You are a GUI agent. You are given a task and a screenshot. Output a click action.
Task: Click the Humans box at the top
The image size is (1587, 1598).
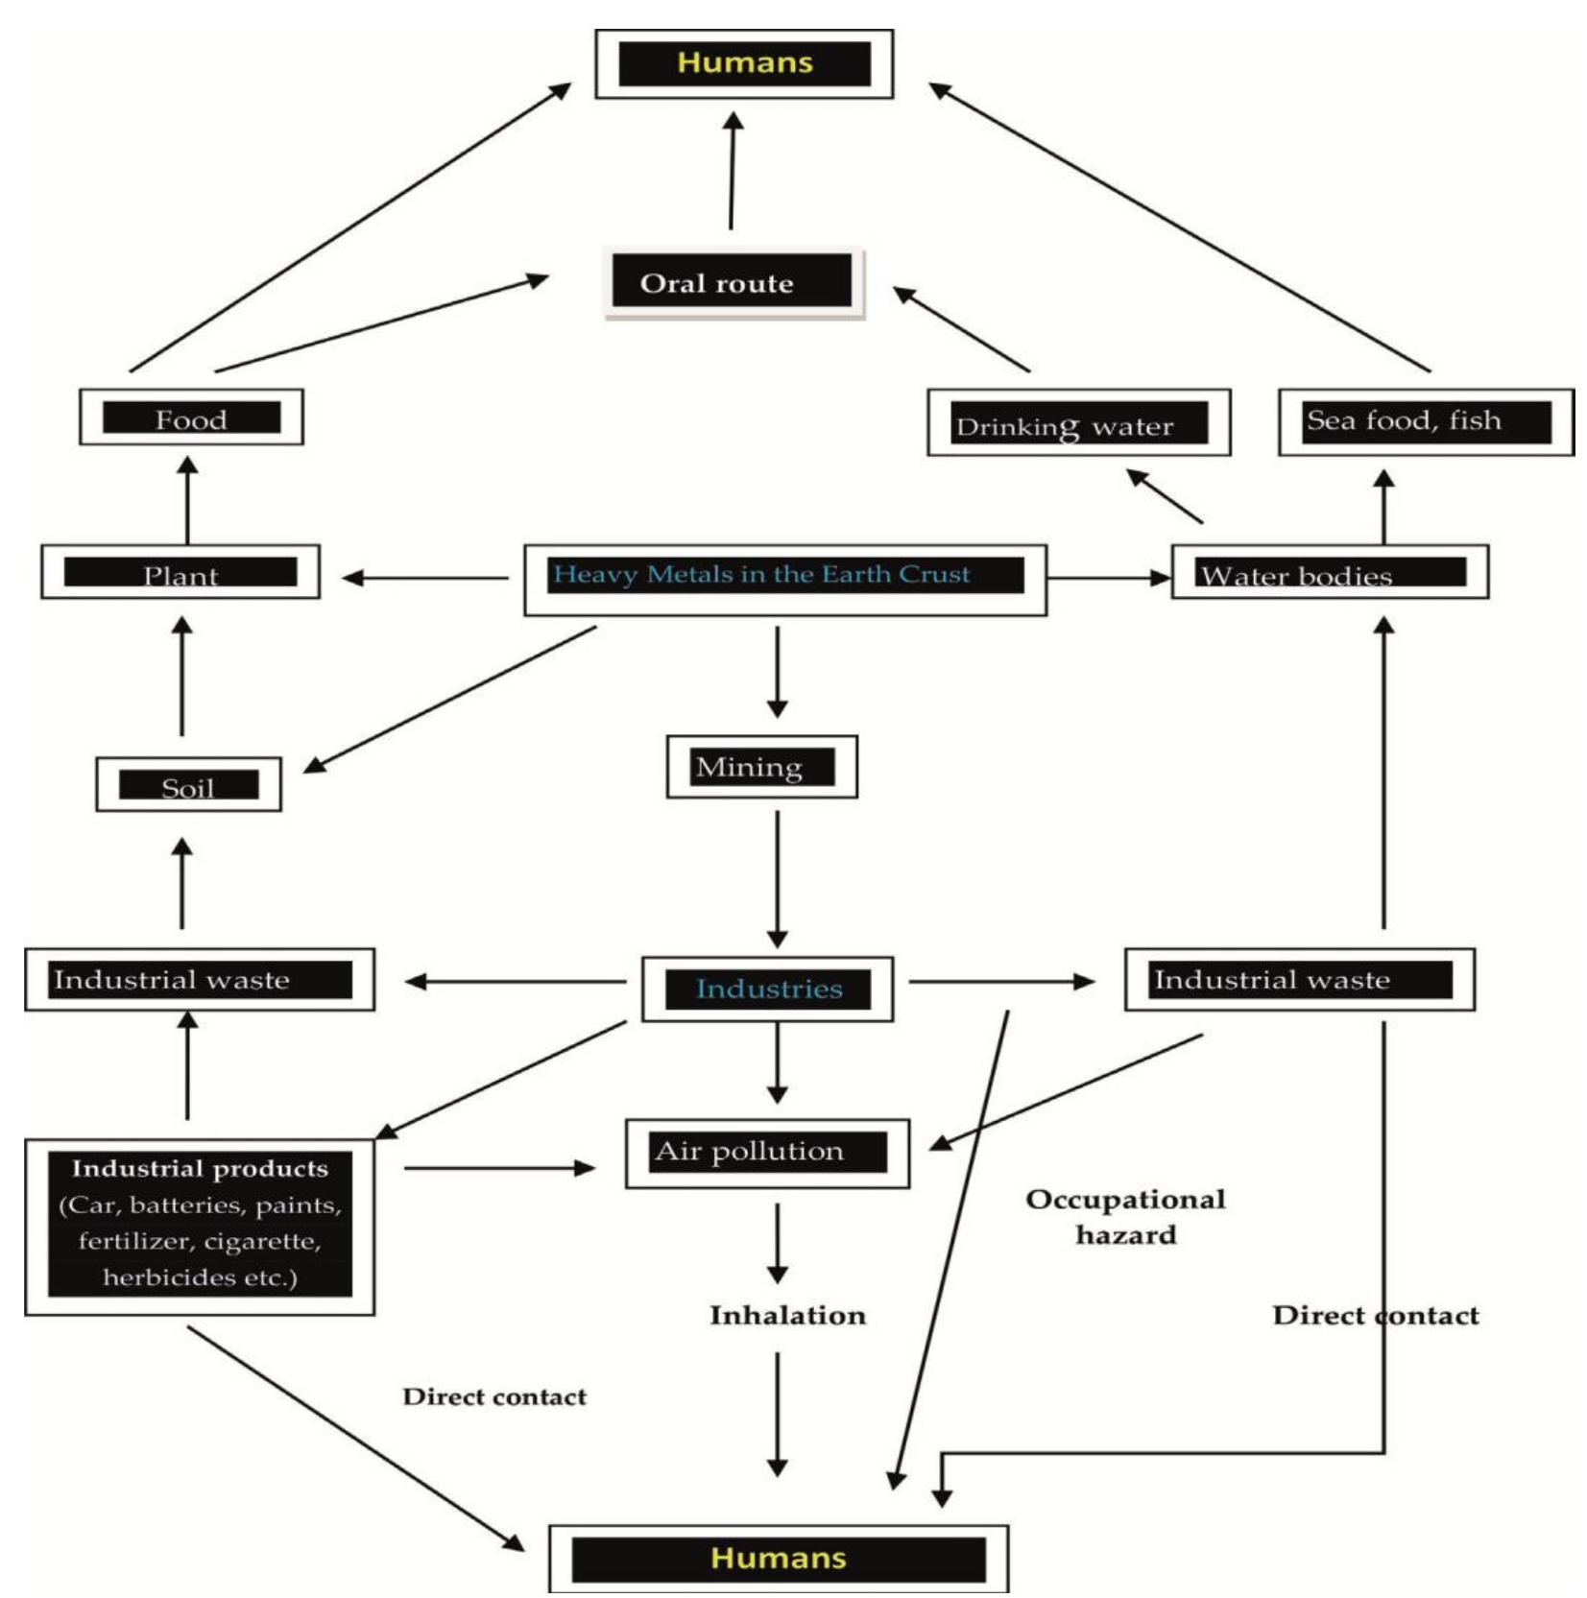[744, 63]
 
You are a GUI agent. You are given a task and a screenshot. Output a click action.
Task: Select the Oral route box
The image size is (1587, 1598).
[733, 282]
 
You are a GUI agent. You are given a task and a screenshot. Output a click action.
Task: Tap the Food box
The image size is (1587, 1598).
[191, 417]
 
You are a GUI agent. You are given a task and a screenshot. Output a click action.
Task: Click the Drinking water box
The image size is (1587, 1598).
[1078, 422]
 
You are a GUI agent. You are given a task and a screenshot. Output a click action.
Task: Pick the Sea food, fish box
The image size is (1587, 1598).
[1426, 422]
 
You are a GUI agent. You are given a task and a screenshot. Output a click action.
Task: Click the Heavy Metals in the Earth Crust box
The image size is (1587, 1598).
[784, 580]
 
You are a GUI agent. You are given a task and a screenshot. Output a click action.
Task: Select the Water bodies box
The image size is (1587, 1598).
[1330, 572]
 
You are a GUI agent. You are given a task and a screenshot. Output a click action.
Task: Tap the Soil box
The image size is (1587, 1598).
[188, 784]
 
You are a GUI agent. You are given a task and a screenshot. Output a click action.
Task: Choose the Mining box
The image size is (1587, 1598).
[761, 766]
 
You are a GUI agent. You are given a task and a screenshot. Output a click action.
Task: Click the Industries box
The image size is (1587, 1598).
[767, 989]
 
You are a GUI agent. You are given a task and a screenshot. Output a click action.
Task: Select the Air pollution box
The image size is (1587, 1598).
[767, 1153]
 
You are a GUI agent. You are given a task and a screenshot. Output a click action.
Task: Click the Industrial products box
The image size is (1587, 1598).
[200, 1227]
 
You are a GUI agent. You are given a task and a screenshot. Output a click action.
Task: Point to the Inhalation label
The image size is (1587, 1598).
[787, 1315]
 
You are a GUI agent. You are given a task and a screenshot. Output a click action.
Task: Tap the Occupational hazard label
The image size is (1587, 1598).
[1125, 1216]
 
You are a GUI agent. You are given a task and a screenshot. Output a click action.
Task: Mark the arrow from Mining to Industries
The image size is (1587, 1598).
[778, 879]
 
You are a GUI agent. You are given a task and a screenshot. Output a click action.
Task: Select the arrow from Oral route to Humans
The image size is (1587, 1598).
[733, 170]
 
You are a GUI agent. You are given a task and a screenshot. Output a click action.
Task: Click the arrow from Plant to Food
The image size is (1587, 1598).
[187, 500]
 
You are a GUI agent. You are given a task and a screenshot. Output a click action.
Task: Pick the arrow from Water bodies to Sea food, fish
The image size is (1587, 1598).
[1383, 507]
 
